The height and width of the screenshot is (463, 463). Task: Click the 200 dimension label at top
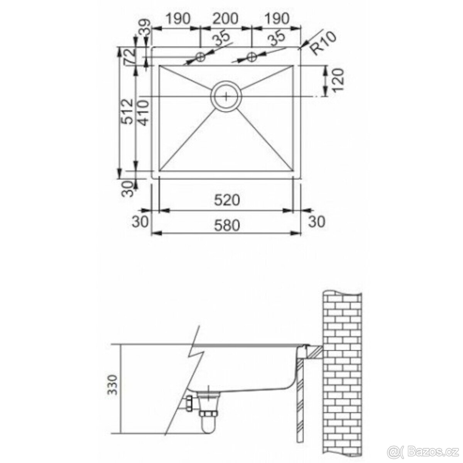click(x=226, y=19)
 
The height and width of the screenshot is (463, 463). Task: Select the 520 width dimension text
click(x=227, y=200)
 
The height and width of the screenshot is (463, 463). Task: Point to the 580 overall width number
click(x=227, y=225)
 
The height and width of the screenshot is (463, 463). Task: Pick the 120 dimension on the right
click(x=338, y=80)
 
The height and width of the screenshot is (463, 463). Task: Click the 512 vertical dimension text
click(x=127, y=111)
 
